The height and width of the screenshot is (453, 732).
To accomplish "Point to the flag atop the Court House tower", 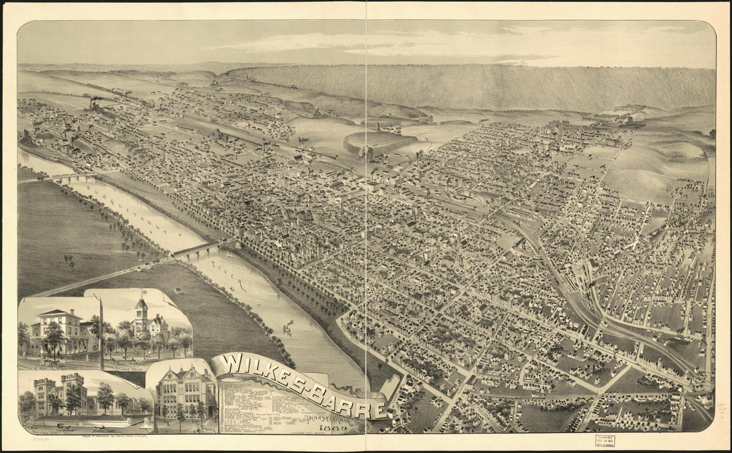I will click(142, 293).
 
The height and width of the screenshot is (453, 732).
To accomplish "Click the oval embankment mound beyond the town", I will click(380, 142).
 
